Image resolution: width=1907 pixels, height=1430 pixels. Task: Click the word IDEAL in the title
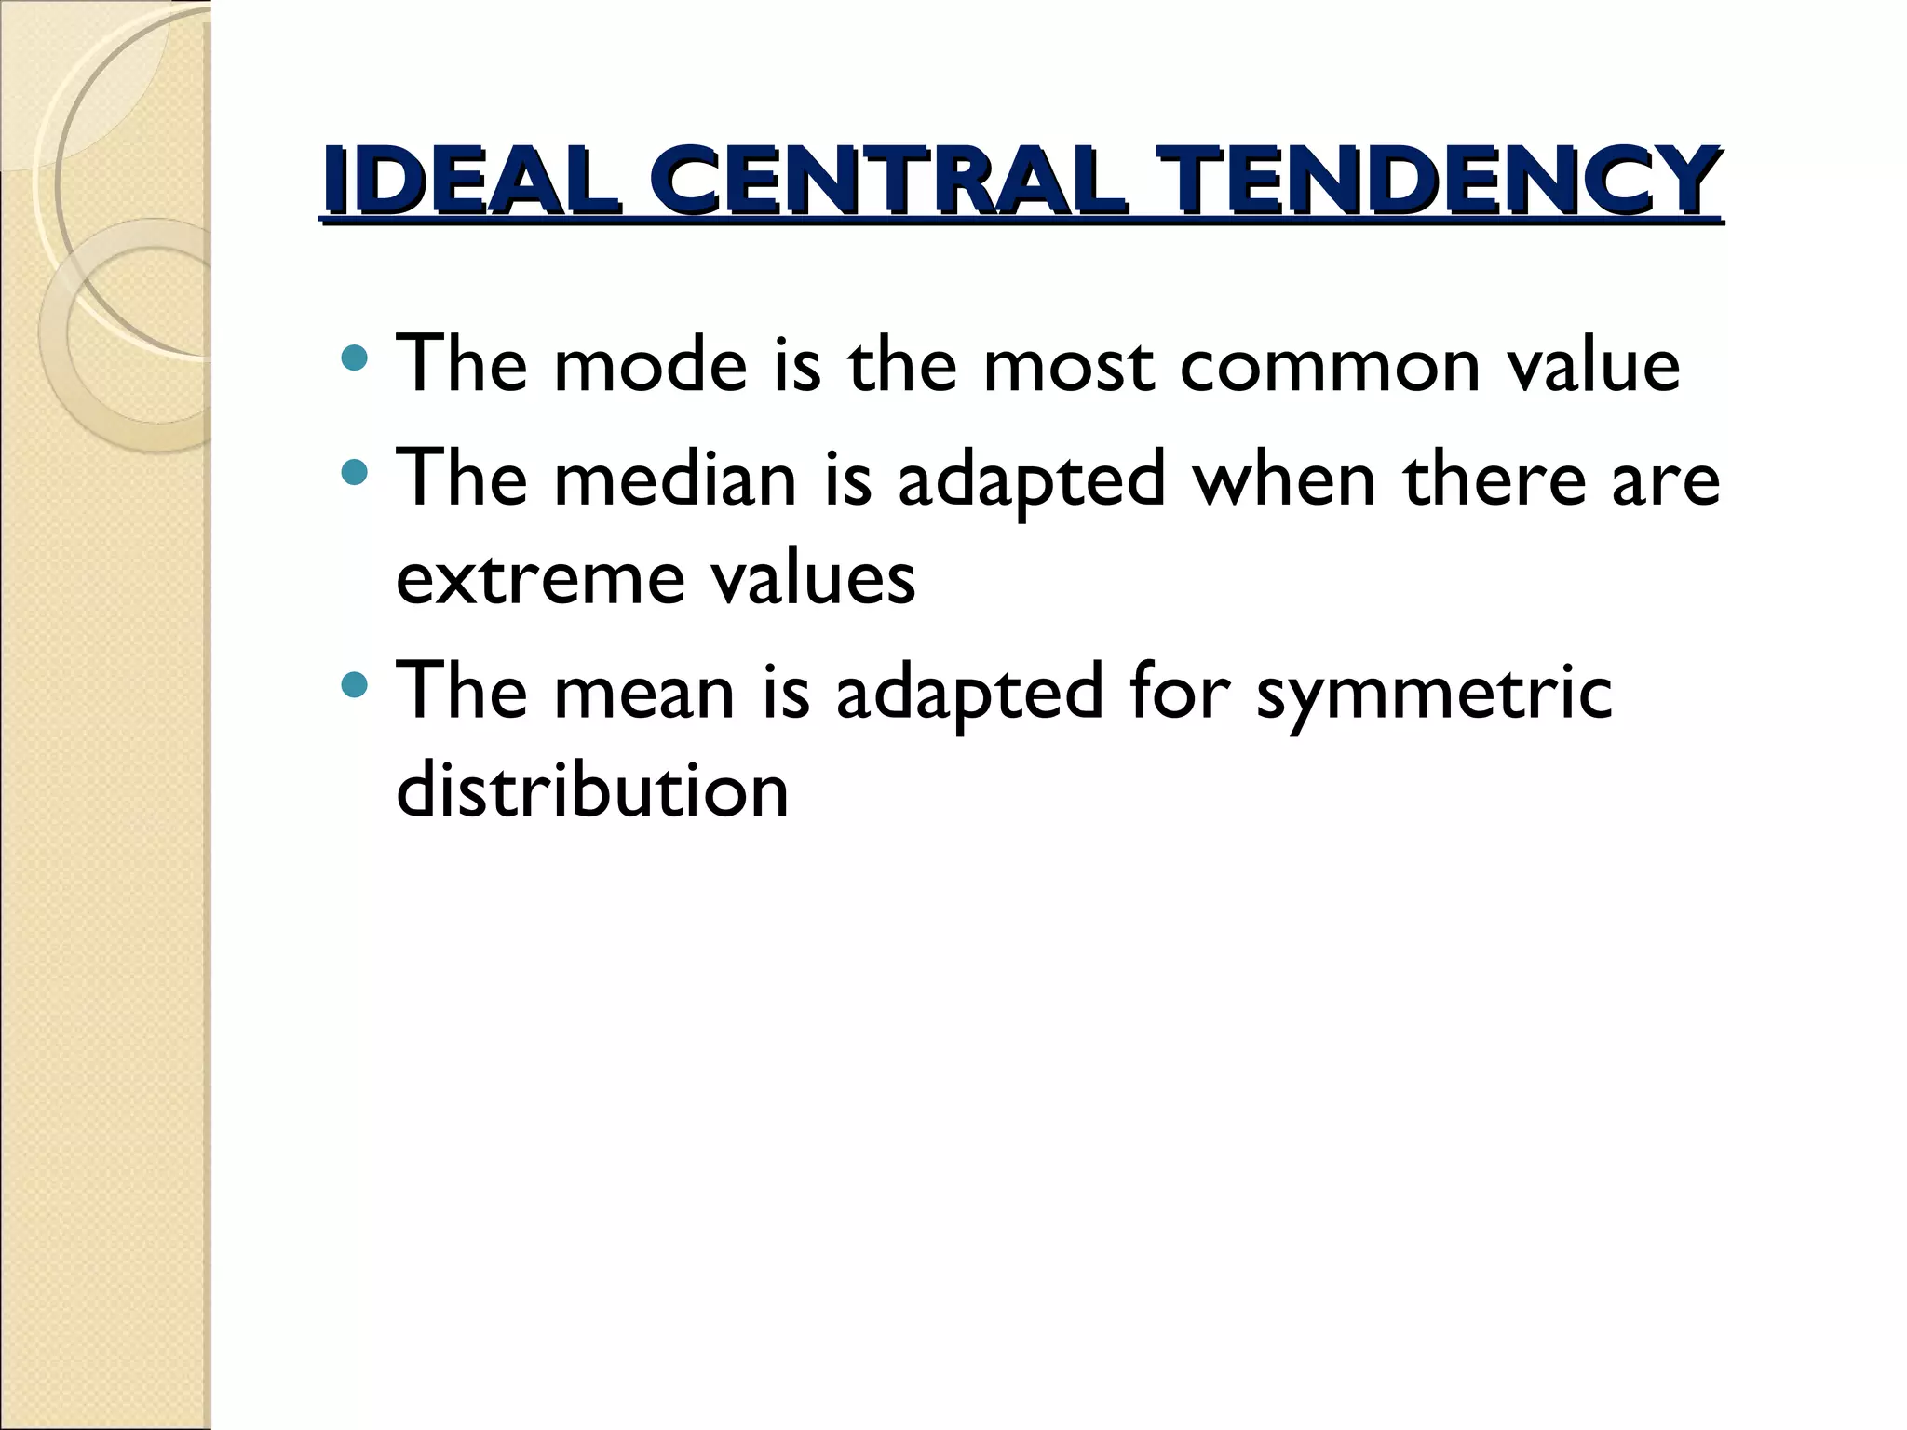point(471,181)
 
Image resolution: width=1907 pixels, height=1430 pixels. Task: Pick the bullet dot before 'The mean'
point(355,686)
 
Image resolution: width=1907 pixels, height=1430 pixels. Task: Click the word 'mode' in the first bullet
point(650,364)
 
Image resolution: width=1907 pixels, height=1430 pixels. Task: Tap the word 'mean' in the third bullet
point(644,694)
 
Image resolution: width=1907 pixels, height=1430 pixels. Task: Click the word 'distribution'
point(592,791)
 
